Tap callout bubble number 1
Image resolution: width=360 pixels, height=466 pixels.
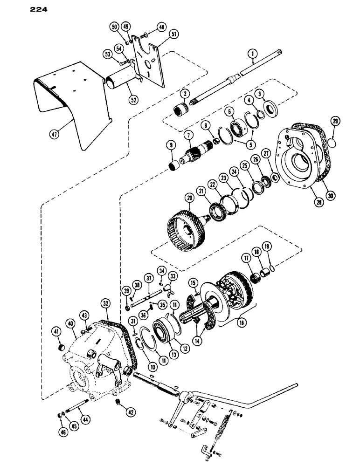(252, 55)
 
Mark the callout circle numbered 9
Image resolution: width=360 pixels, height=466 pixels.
(170, 145)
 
